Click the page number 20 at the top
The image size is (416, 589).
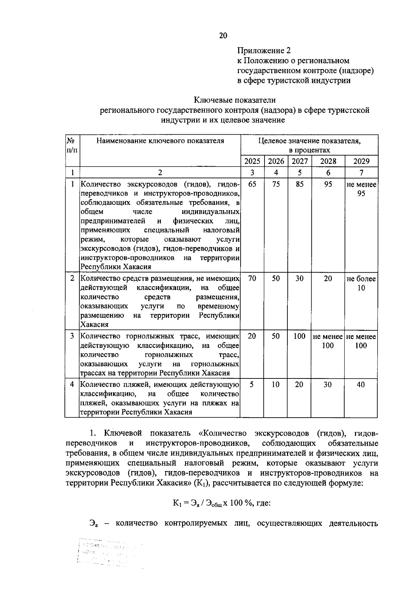(223, 35)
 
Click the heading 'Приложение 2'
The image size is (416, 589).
(263, 51)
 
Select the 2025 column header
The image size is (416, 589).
(252, 161)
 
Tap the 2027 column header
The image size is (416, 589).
(300, 161)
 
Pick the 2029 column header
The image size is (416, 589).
(361, 161)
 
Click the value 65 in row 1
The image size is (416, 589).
(252, 184)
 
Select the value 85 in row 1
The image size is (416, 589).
(300, 184)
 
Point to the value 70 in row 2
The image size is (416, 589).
(252, 279)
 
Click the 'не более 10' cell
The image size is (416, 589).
(361, 283)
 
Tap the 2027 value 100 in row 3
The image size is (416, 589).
(300, 336)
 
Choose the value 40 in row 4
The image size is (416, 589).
(361, 385)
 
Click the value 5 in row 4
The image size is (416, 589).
(252, 385)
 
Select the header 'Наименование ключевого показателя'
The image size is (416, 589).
(160, 141)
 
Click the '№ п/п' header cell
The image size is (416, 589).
(72, 145)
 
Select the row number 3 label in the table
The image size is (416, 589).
(72, 336)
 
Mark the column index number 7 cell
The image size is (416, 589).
(361, 173)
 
